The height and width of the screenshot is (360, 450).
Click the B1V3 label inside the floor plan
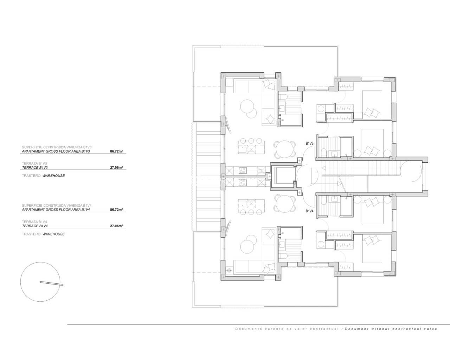point(309,143)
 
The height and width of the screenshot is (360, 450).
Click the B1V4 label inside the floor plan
point(309,211)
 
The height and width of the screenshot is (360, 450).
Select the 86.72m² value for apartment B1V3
point(116,152)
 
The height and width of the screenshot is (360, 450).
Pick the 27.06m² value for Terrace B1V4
point(116,226)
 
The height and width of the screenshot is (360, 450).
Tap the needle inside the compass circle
point(51,283)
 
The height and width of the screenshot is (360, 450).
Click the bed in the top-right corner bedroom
point(372,104)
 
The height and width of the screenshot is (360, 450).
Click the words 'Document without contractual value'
point(391,329)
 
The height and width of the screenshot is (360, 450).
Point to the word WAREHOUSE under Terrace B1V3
point(53,176)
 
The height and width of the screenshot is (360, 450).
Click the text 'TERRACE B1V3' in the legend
point(34,168)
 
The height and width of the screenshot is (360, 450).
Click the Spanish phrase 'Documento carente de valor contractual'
point(287,329)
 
